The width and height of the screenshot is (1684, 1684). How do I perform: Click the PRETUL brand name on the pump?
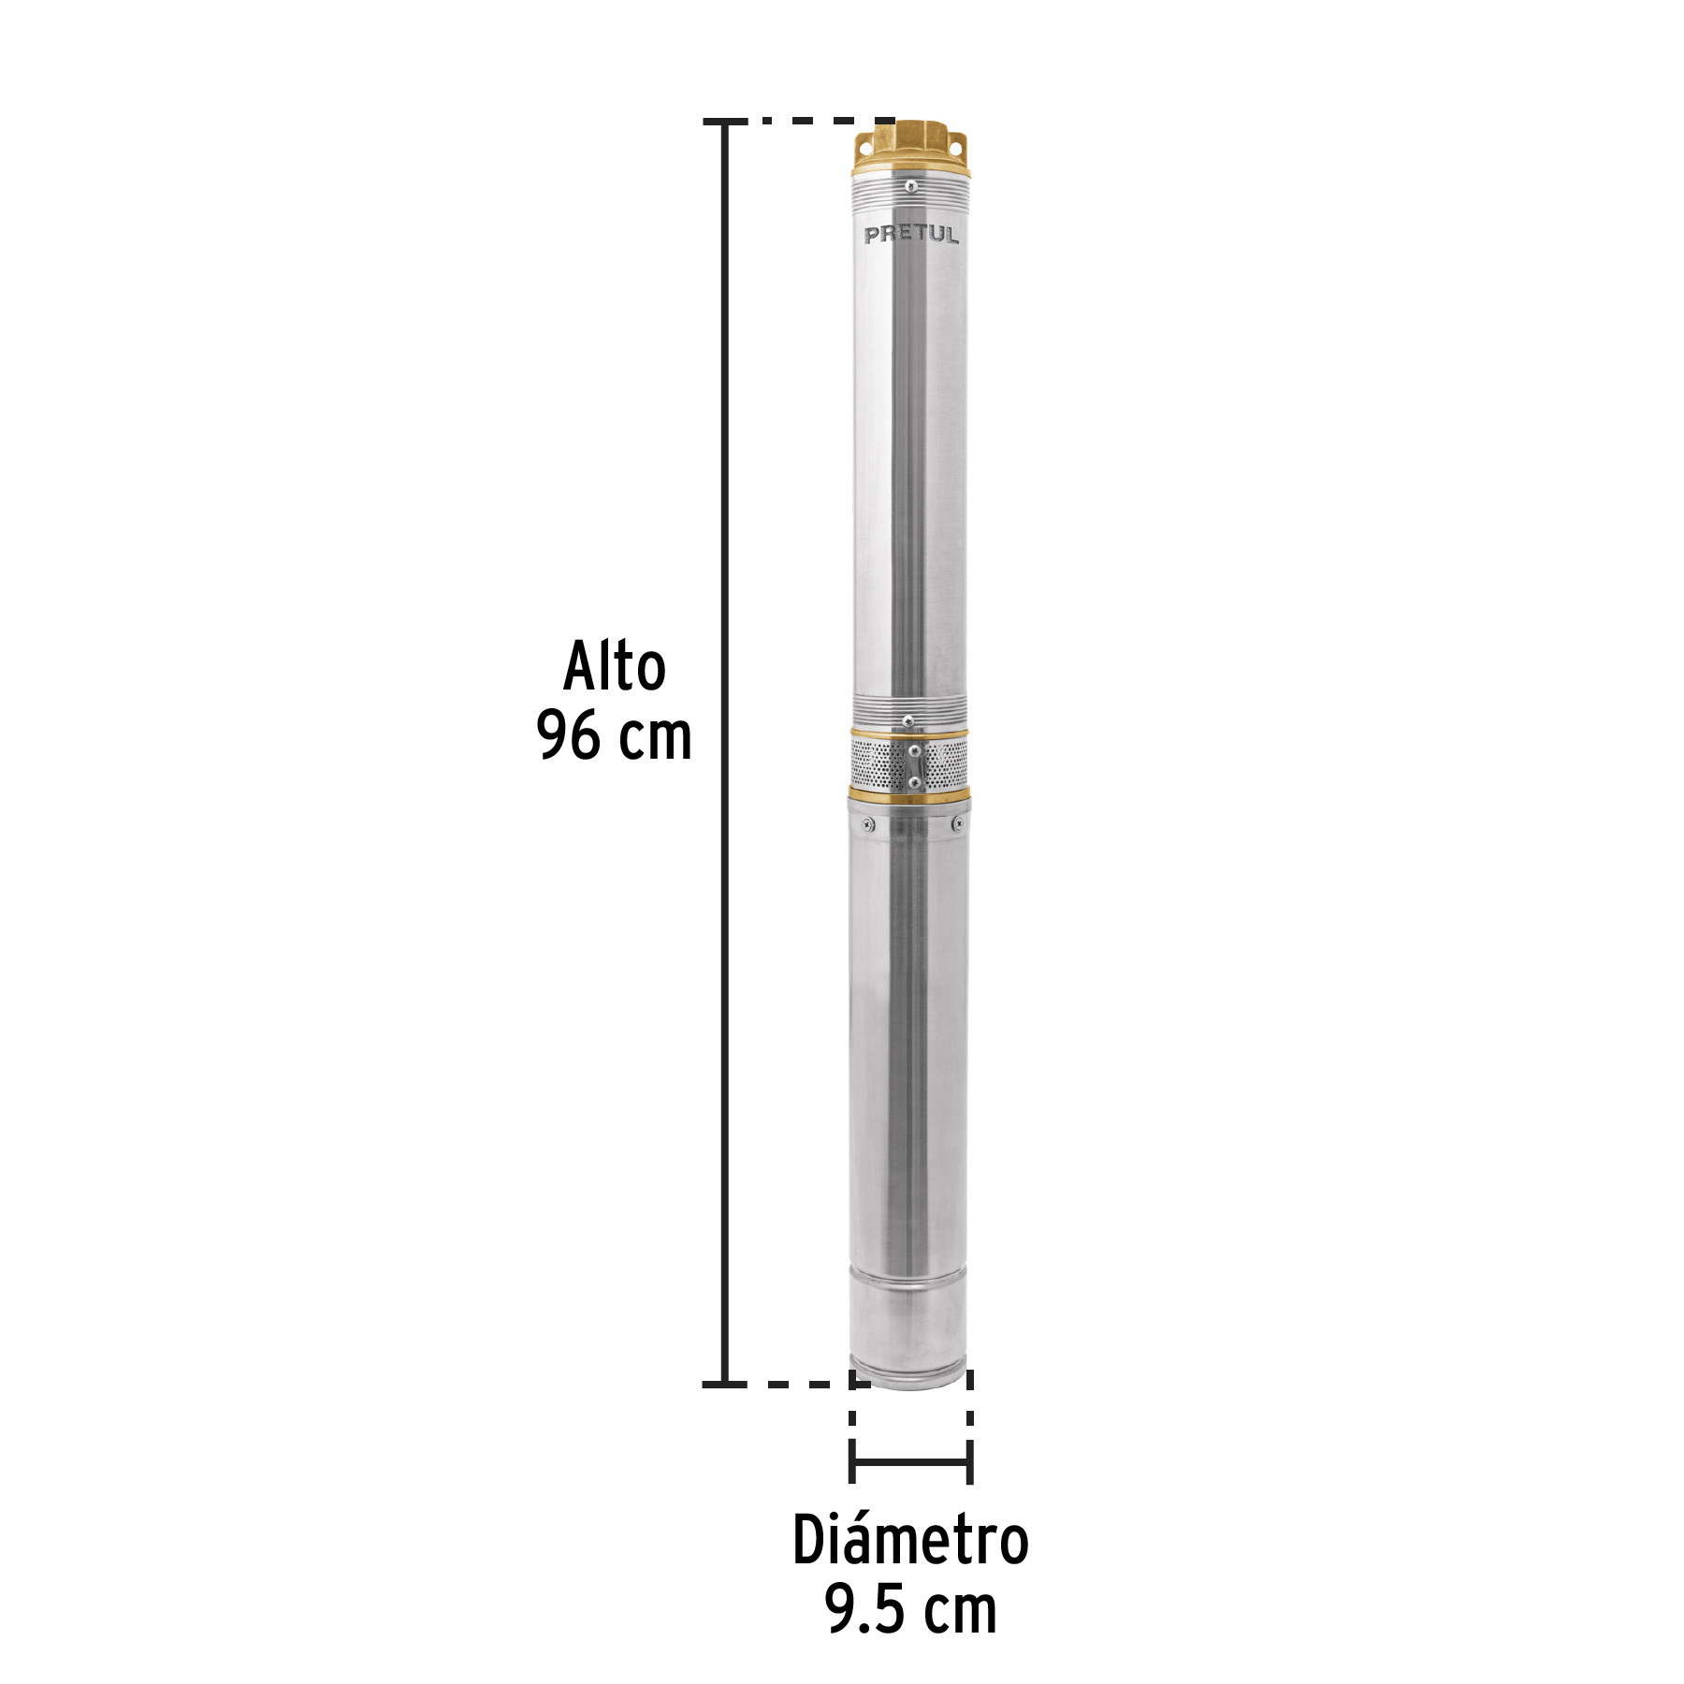(911, 234)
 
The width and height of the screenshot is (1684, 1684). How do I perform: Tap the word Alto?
(615, 668)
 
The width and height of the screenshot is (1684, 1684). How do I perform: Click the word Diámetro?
(910, 1540)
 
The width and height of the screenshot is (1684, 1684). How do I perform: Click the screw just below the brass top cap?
(910, 186)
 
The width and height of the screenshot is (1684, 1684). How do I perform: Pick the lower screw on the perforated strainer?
(914, 782)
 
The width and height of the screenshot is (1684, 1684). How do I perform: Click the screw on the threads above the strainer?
(907, 720)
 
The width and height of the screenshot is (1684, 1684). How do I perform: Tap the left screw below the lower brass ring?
(866, 824)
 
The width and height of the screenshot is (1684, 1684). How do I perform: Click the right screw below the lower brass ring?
(956, 824)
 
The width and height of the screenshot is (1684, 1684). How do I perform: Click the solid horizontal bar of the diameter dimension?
(910, 1461)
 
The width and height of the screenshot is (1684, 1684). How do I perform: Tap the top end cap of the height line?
(724, 122)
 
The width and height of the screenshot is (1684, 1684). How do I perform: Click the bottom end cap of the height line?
(724, 1384)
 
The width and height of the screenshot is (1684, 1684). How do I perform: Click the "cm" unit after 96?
(655, 736)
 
